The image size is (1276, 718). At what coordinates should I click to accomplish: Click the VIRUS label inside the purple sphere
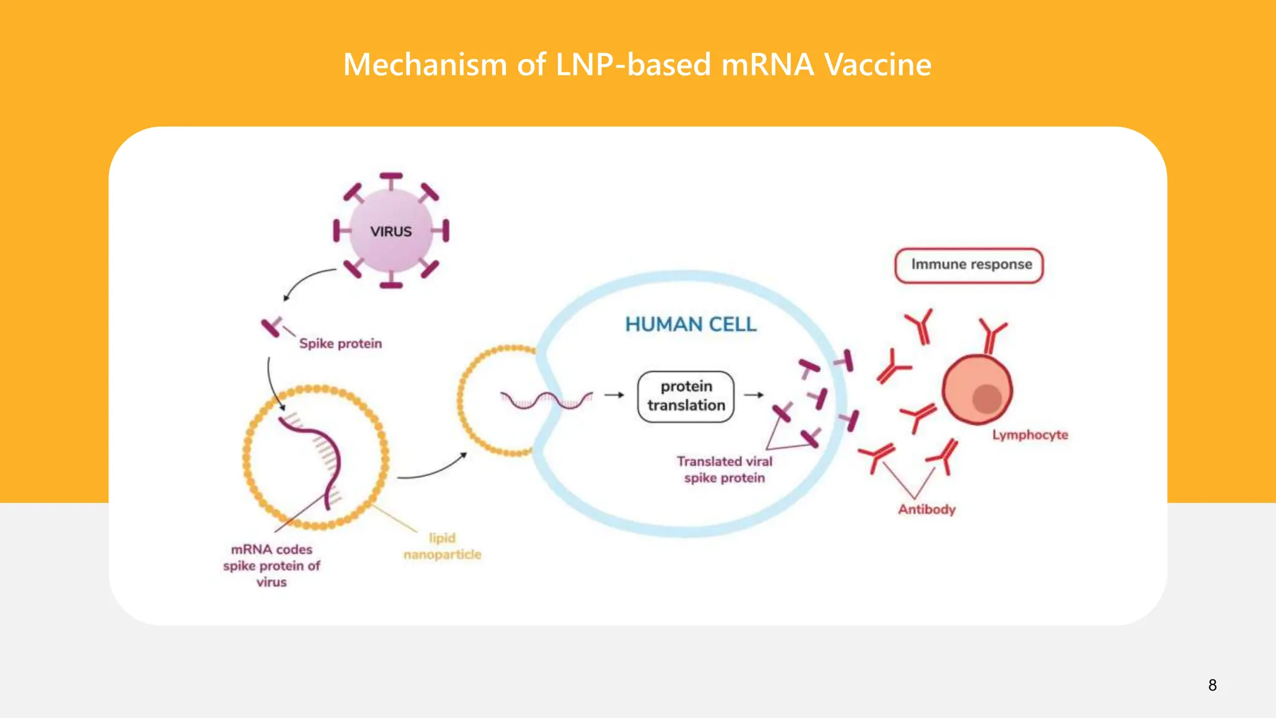point(391,231)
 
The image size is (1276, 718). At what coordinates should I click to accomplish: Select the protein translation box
point(685,396)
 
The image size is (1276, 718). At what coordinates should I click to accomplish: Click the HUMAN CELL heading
point(690,324)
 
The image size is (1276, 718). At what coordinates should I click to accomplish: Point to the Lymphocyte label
point(1029,434)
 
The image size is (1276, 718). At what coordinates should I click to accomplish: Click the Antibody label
point(926,509)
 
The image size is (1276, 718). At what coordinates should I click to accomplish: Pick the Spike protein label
point(340,343)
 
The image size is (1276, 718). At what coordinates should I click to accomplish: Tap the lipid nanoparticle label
point(442,546)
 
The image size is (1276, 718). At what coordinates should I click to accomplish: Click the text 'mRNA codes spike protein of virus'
point(272,565)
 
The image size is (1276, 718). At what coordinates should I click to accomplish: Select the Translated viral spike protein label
point(724,469)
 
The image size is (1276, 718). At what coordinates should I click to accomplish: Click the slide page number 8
point(1212,685)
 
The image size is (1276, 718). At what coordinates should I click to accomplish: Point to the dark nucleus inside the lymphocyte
point(987,399)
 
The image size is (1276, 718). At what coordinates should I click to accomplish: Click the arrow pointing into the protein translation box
point(614,395)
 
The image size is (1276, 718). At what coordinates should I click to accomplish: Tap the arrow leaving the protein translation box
point(754,395)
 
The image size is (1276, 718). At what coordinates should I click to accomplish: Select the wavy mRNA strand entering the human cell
point(546,400)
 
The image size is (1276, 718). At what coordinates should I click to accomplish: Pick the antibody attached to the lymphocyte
point(991,335)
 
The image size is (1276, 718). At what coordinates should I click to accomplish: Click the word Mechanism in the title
point(426,65)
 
